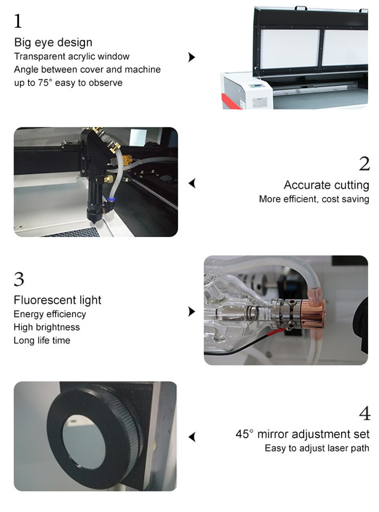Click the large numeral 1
point(18,21)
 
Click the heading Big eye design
point(53,42)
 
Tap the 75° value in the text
point(44,82)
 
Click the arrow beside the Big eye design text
point(192,57)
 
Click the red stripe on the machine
point(230,101)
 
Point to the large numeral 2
point(364,164)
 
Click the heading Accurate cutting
point(326,185)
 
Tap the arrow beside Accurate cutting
point(192,183)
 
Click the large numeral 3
point(19,279)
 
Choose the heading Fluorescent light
point(57,300)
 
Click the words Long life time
point(42,340)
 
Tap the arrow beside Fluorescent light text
point(192,311)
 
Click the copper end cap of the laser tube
point(313,313)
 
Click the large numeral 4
point(365,413)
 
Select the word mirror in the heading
point(273,434)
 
